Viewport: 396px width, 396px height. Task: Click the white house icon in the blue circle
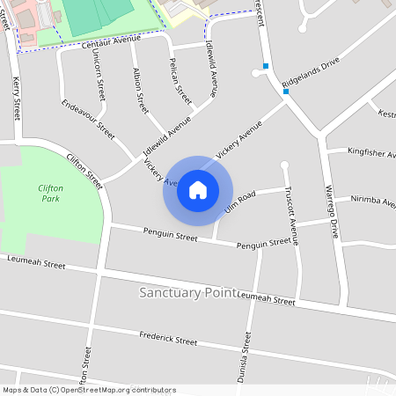point(198,190)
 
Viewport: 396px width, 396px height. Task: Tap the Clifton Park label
point(51,194)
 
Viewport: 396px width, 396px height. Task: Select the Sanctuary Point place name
point(187,291)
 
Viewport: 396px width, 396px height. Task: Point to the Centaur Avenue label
point(112,40)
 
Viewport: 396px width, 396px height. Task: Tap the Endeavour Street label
point(89,118)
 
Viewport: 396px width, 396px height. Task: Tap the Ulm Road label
point(239,202)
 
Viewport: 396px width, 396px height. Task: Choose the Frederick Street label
point(168,340)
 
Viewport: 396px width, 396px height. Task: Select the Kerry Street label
point(16,97)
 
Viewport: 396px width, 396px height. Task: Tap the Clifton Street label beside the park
point(84,170)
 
